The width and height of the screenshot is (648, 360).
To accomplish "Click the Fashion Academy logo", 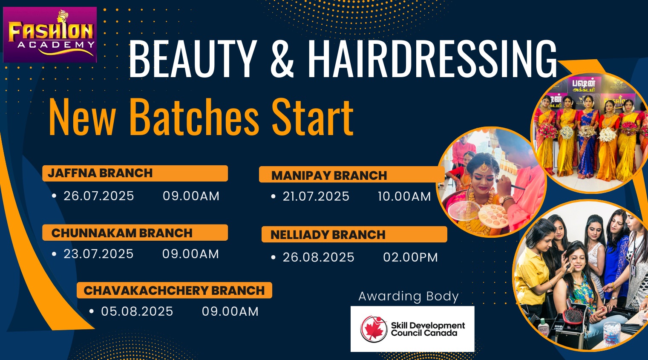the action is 50,35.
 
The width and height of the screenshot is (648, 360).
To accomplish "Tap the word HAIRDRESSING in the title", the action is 432,59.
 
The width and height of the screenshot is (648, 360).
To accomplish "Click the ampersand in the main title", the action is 282,59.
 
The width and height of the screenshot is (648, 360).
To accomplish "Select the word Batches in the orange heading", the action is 194,117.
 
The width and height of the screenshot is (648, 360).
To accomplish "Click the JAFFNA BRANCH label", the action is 100,173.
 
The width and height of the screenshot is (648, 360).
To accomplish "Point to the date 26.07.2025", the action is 99,196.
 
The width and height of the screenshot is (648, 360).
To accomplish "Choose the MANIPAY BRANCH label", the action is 329,176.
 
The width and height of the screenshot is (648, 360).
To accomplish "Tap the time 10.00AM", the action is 404,196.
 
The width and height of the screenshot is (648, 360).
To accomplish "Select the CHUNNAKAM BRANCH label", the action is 122,233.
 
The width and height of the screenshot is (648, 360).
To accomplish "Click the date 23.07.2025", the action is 98,254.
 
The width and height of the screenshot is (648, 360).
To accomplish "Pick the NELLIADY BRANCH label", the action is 328,235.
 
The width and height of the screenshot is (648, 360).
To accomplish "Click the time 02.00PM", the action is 410,257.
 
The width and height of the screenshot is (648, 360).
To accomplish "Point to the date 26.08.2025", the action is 318,257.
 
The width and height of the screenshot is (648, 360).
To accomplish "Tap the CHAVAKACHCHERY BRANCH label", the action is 174,291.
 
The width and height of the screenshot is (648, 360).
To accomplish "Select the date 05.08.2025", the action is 137,311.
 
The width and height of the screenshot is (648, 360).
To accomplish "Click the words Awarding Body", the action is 409,297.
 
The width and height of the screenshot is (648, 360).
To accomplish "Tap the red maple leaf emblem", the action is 374,329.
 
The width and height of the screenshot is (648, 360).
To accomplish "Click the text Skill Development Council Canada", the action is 428,329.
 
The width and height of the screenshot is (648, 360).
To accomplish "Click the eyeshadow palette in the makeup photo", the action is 493,215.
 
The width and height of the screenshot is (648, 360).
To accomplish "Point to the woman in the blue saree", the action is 588,138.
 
